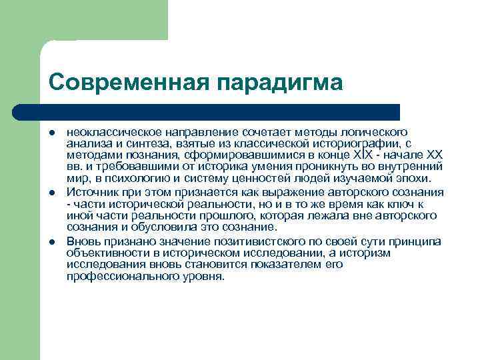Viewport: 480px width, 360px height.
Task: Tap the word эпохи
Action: point(415,179)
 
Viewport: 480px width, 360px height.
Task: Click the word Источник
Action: point(89,191)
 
